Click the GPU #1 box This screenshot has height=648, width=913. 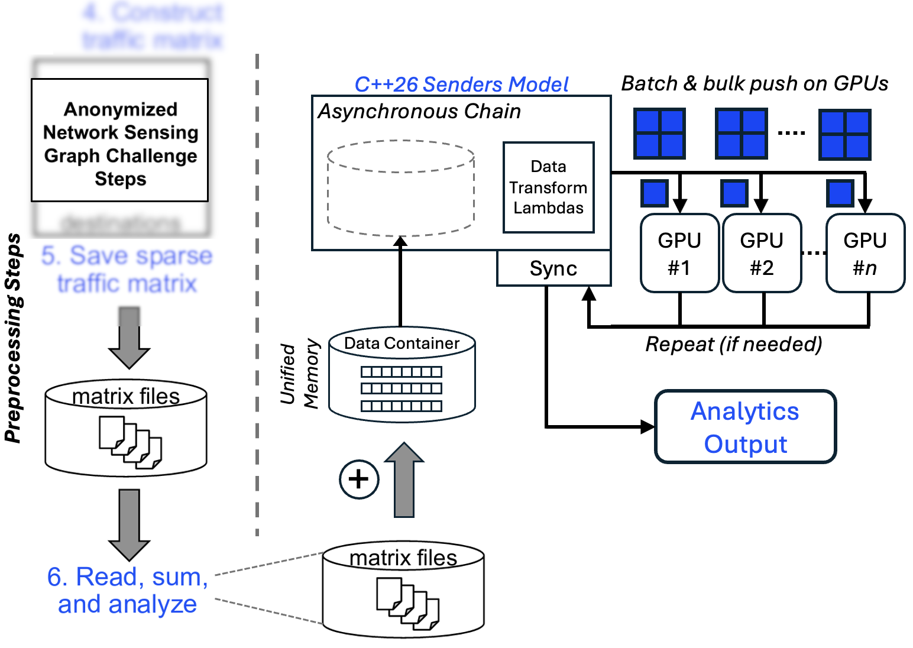[x=679, y=253]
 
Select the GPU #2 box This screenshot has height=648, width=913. [x=762, y=253]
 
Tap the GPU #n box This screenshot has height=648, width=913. [x=865, y=253]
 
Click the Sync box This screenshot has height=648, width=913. [x=553, y=268]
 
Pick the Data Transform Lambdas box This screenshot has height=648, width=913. [x=548, y=187]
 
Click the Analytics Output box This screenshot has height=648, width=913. [x=745, y=427]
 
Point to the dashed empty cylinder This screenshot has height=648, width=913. [x=401, y=188]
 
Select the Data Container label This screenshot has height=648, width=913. [x=402, y=344]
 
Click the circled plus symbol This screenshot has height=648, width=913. [x=359, y=479]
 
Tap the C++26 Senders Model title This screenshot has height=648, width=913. [x=461, y=85]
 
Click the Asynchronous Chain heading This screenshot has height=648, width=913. [x=419, y=111]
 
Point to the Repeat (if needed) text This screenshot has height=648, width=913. [x=733, y=344]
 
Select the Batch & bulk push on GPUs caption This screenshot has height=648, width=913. [x=754, y=83]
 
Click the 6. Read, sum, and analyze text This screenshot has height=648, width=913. [x=127, y=590]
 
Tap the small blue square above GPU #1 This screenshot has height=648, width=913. [x=655, y=193]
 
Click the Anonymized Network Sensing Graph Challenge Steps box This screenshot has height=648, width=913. [x=120, y=141]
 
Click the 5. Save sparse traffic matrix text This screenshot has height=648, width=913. [x=127, y=269]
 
